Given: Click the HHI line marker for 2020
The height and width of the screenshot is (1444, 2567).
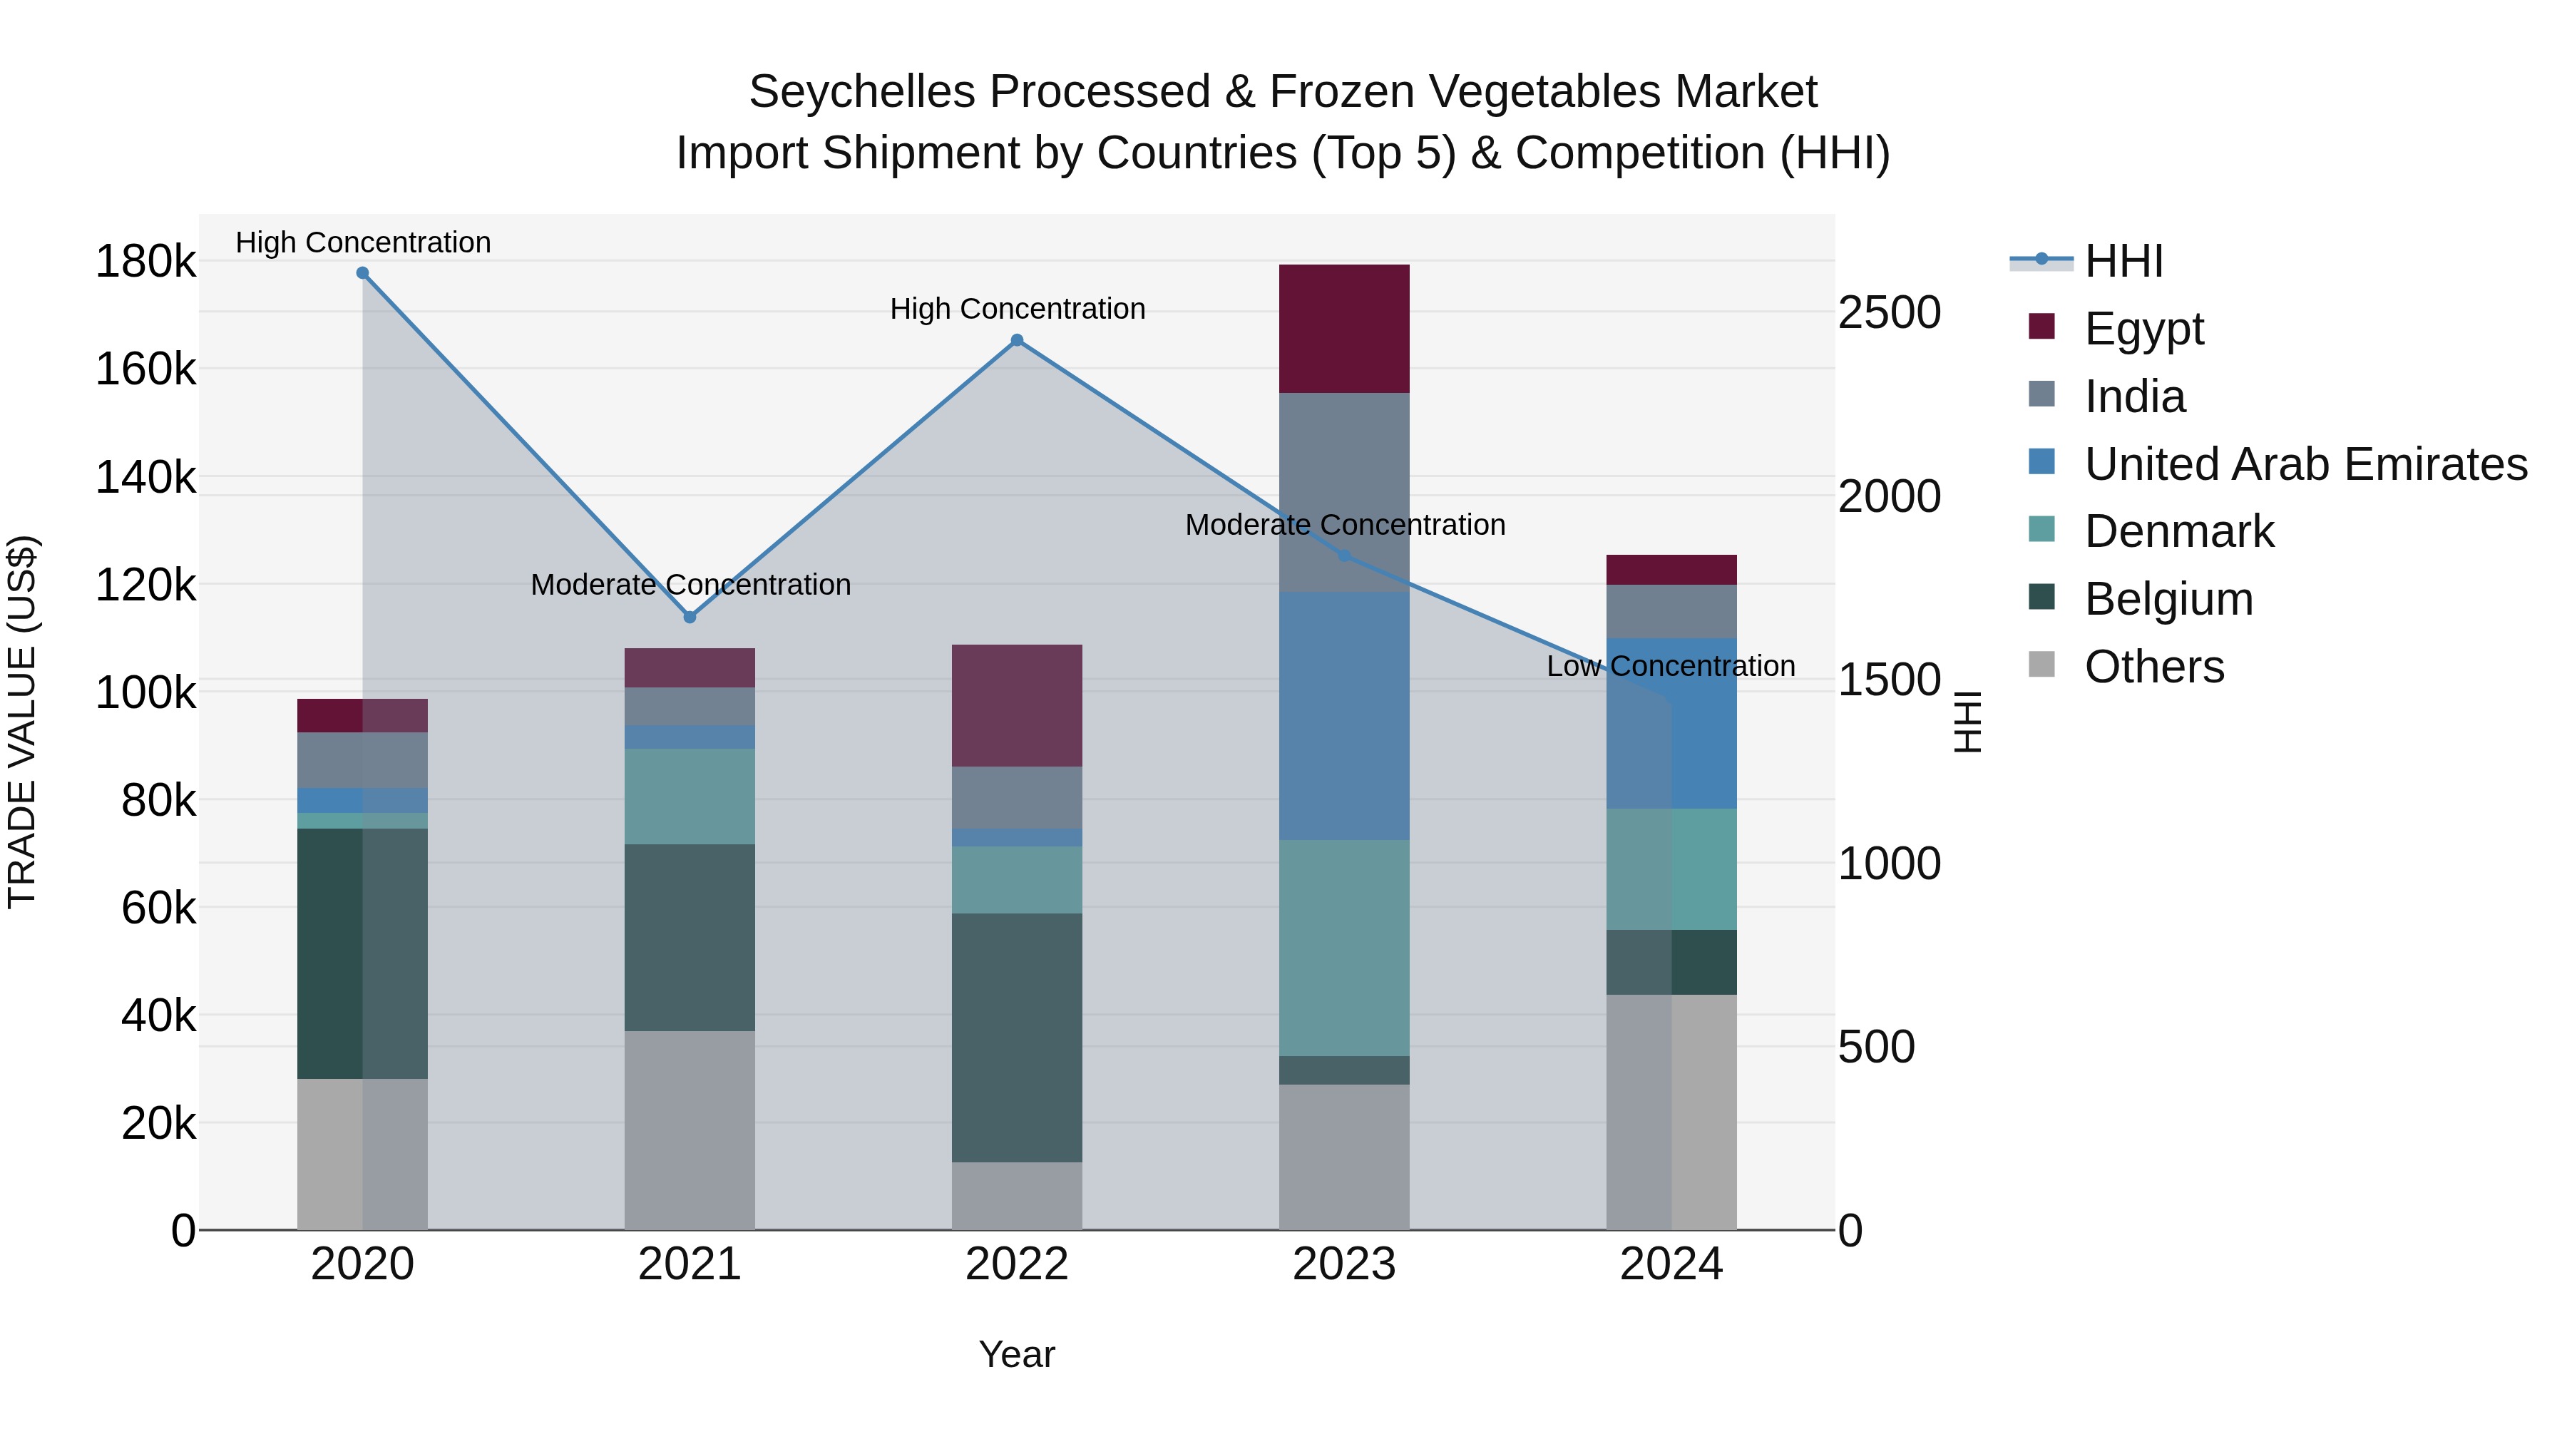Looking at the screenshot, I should click(363, 273).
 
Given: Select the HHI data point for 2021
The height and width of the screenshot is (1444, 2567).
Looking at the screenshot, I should click(690, 617).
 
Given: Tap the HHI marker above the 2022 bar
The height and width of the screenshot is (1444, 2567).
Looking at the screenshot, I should click(1016, 341).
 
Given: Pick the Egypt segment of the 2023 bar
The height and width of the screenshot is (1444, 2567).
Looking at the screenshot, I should click(1343, 329).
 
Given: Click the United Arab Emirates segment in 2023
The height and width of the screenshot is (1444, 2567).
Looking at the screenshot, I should click(1343, 715).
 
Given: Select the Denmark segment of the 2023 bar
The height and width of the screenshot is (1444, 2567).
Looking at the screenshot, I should click(1343, 947).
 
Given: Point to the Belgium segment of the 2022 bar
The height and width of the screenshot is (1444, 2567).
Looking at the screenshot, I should click(1016, 1036).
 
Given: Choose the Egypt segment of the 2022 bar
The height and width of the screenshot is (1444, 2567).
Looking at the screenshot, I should click(1016, 705).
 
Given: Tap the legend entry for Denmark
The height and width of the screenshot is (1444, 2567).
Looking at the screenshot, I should click(2178, 531).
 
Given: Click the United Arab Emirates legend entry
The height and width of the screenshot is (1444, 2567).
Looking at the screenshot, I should click(2305, 464).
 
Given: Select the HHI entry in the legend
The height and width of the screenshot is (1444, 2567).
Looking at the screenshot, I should click(2123, 261).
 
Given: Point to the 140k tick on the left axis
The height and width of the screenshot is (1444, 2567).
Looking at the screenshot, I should click(145, 477).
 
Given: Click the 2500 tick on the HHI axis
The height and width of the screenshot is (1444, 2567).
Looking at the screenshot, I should click(1888, 313).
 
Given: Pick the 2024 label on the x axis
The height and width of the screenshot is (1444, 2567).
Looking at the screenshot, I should click(1671, 1264).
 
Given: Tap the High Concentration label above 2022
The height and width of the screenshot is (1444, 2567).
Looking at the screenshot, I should click(1016, 309).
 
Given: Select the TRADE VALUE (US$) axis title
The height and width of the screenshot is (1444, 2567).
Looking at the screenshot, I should click(22, 722).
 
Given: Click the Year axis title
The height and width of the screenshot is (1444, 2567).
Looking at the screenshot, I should click(1016, 1354).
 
